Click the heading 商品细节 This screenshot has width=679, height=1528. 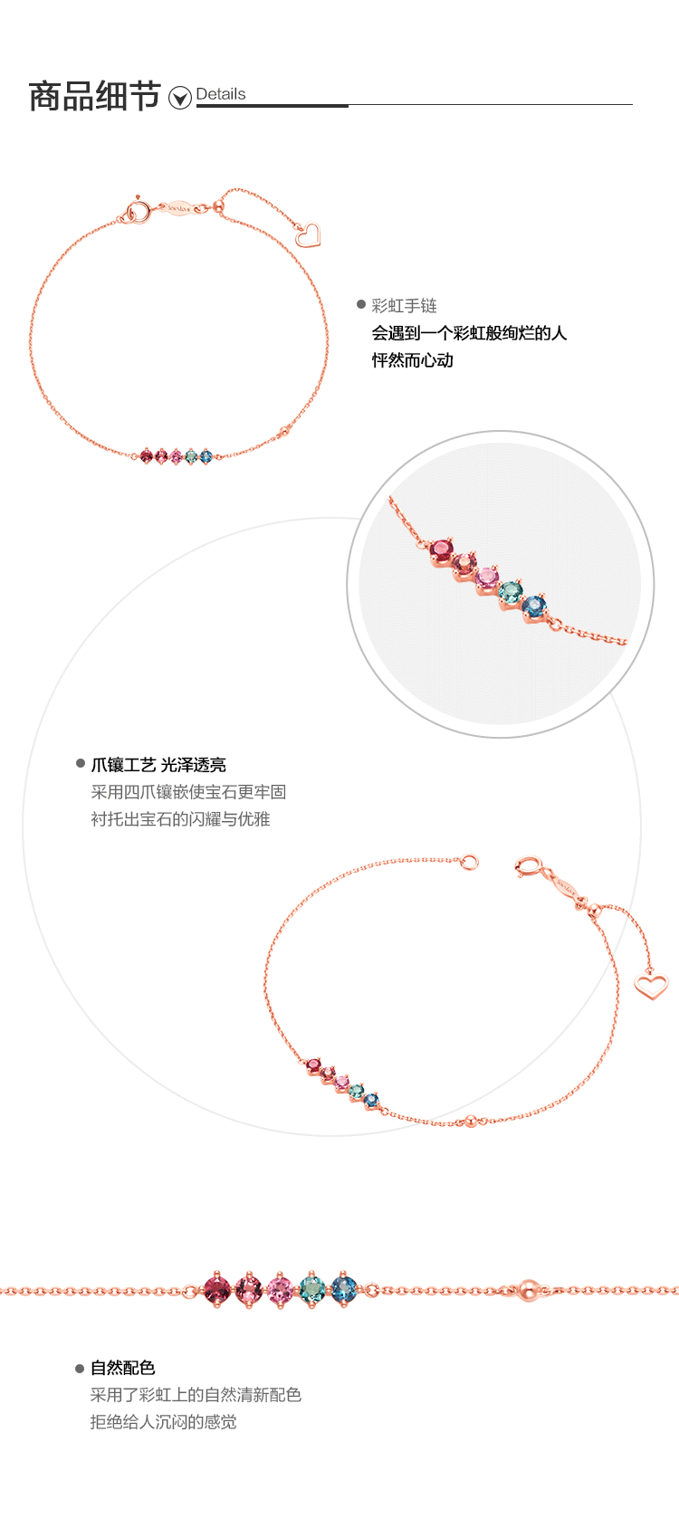94,97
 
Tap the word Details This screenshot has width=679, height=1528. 220,94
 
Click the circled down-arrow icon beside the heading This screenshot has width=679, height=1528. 180,98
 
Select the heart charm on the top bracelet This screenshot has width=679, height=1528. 308,235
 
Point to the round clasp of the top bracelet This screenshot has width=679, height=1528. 139,214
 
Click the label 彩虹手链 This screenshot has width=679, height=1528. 404,306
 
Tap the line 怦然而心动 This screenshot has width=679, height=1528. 412,360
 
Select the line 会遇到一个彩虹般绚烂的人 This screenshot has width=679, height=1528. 469,333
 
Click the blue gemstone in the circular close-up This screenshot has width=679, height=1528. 534,606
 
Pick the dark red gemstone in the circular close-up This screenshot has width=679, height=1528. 442,549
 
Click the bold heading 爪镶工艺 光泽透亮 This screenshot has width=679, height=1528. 158,765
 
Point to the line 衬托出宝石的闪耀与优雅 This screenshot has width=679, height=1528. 180,819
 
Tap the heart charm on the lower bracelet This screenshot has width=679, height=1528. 650,985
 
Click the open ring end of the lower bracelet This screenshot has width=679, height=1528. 468,862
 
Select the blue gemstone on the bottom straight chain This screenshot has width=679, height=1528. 344,1288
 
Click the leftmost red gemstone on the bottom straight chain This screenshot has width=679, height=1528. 217,1288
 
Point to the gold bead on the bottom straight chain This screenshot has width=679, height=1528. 528,1289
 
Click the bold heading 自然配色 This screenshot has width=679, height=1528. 122,1368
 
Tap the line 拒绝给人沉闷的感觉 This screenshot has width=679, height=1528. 163,1422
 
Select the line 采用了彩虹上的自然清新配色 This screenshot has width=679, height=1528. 196,1395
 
